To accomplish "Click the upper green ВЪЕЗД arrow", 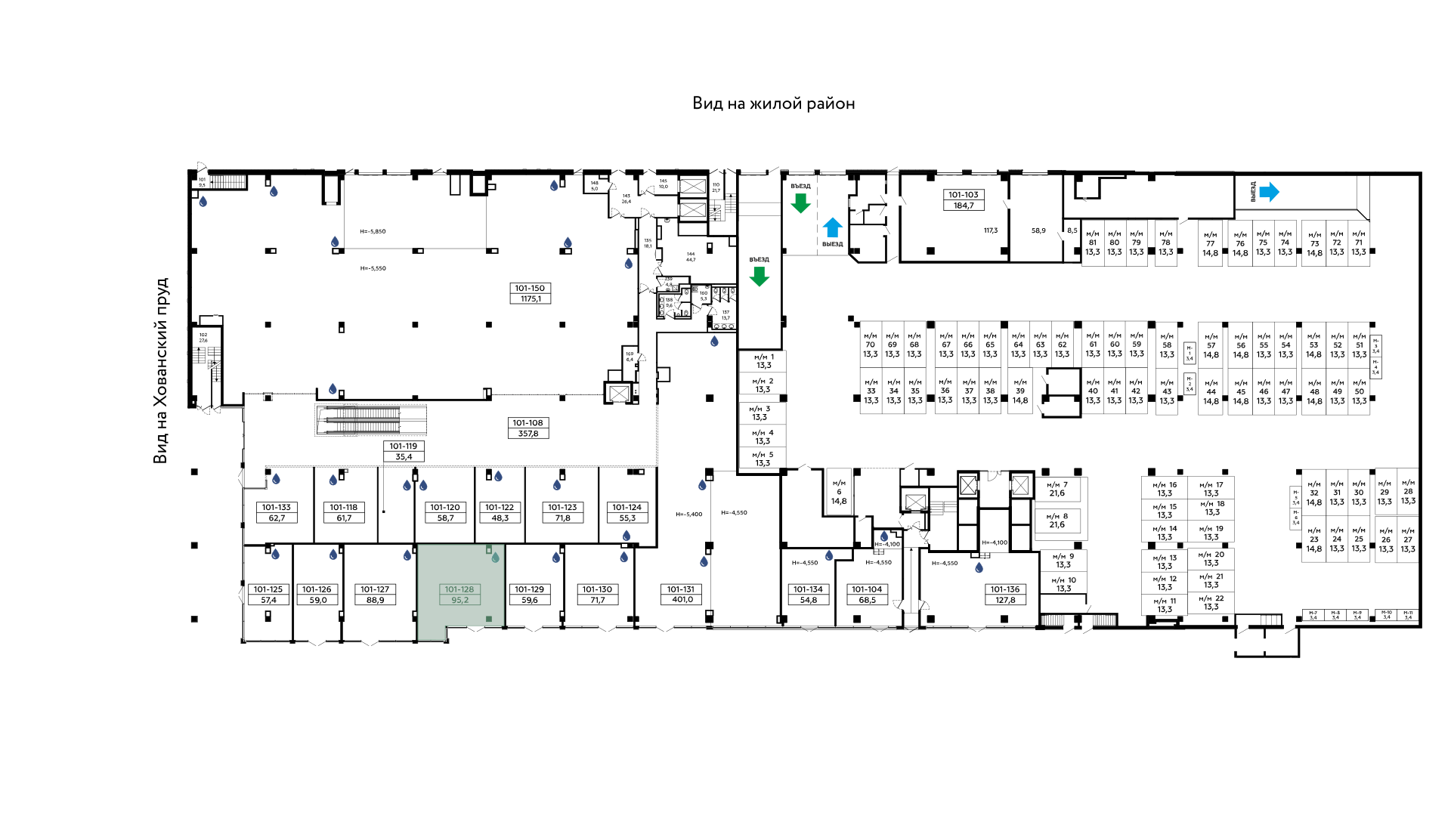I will [800, 202].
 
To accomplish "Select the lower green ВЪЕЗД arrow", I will [759, 276].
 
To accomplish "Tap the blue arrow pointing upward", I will [832, 227].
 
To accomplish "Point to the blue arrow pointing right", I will [1270, 192].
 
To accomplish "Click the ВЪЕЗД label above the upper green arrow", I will [801, 186].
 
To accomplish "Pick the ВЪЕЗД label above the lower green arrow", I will [760, 259].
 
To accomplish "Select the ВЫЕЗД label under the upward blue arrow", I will [833, 244].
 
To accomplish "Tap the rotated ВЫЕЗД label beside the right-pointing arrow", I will [1252, 191].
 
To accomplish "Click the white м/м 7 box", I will [1057, 490].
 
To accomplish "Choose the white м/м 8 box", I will [1057, 521].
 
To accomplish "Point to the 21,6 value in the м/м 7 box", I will [1057, 493].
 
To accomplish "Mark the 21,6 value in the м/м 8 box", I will [1057, 525].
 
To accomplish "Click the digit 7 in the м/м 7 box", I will [1066, 485].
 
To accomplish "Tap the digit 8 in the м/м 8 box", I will [1066, 516].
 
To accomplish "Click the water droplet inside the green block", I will [495, 558].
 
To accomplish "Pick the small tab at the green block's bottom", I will [432, 633].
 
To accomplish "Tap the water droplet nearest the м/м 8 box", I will [979, 567].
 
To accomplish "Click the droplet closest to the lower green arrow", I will [714, 342].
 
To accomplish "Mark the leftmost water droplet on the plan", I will [203, 202].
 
